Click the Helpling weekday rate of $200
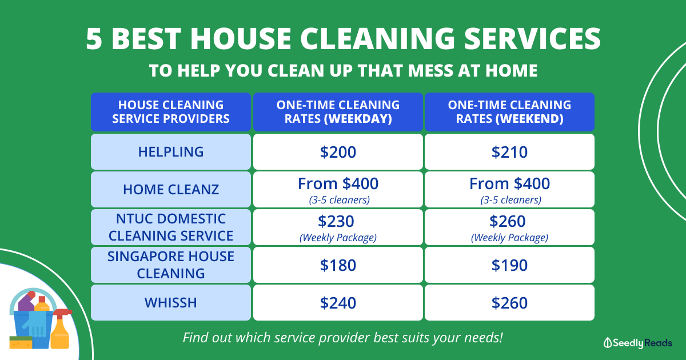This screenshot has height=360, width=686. tap(338, 152)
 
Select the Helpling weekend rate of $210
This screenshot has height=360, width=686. tap(509, 152)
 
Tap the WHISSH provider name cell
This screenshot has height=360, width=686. tap(171, 302)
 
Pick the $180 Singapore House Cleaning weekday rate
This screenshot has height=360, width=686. tap(338, 265)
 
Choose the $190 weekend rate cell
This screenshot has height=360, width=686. tap(509, 265)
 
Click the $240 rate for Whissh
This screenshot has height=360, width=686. tap(338, 302)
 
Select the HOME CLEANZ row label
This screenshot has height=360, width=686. tap(171, 190)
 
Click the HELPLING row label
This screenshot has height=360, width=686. tap(171, 152)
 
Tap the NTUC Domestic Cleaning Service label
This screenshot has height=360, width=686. tap(171, 227)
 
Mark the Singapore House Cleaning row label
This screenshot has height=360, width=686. tap(171, 265)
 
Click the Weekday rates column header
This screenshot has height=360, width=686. tap(338, 112)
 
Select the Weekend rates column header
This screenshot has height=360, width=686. tap(509, 112)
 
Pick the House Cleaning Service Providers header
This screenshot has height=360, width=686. tap(171, 112)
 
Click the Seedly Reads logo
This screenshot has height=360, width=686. tap(637, 343)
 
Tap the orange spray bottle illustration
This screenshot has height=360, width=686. tap(61, 329)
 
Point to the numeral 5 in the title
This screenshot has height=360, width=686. tap(94, 39)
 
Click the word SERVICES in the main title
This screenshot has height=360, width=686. tap(532, 39)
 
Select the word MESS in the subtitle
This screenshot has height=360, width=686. tap(431, 70)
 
